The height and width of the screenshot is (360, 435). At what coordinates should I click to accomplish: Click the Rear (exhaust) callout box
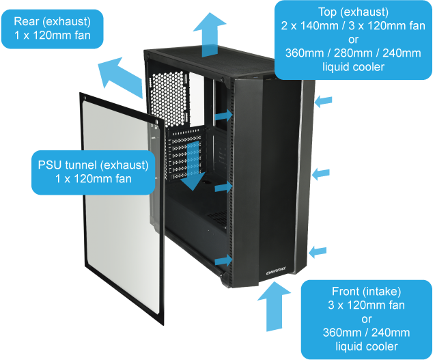[x=52, y=29]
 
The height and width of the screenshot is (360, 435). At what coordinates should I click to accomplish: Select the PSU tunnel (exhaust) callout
[x=93, y=172]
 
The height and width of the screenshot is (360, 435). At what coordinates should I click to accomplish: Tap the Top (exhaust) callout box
[x=353, y=40]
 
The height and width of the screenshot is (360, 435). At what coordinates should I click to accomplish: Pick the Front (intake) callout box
[x=367, y=319]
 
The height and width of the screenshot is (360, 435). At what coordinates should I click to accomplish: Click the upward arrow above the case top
[x=210, y=35]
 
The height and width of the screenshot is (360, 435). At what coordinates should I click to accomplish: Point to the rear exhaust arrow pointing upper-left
[x=121, y=77]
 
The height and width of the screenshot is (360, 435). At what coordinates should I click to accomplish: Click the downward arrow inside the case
[x=194, y=165]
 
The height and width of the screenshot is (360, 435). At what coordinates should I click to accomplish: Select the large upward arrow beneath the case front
[x=274, y=307]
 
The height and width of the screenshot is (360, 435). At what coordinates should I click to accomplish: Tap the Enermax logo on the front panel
[x=276, y=271]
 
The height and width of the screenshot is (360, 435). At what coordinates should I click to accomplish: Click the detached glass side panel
[x=122, y=208]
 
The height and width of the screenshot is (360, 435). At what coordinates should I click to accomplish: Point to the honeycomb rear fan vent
[x=170, y=98]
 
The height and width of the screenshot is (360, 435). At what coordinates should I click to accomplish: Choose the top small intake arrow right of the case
[x=324, y=101]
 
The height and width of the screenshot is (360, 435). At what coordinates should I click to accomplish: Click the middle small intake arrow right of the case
[x=321, y=174]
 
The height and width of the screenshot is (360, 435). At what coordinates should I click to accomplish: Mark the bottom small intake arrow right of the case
[x=318, y=252]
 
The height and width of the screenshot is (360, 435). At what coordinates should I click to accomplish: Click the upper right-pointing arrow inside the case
[x=224, y=115]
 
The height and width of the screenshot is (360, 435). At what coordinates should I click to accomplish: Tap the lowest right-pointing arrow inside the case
[x=224, y=260]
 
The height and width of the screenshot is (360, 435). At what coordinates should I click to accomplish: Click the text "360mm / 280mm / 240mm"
[x=353, y=53]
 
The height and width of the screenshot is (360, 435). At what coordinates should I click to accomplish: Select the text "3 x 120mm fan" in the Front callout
[x=367, y=305]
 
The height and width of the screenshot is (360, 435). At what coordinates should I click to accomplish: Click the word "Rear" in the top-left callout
[x=25, y=21]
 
